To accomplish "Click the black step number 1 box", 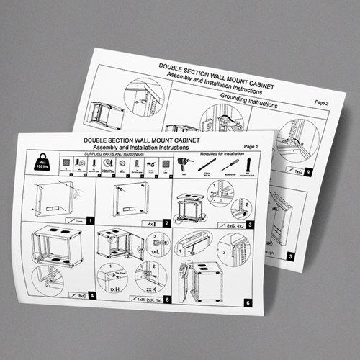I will pyautogui.click(x=90, y=220).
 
